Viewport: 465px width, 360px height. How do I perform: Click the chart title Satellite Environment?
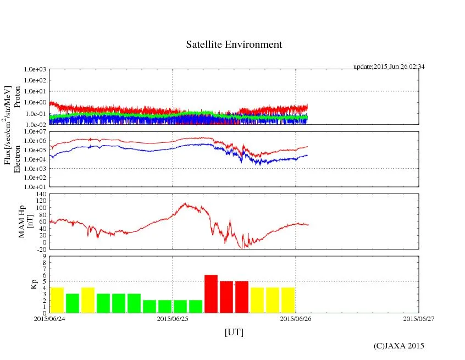pos(234,45)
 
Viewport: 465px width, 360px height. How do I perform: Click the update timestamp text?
pos(389,67)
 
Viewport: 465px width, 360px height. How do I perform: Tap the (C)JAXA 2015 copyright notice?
pos(398,346)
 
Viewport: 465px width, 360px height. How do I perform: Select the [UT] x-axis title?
pos(234,332)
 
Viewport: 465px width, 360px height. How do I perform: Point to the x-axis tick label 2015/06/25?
pos(173,318)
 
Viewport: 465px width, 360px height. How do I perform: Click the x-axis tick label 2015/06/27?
pos(419,318)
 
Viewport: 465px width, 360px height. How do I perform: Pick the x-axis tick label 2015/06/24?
pos(49,318)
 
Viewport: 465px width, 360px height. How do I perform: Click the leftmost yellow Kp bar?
pos(57,300)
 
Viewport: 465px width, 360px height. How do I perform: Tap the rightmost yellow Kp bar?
pos(288,300)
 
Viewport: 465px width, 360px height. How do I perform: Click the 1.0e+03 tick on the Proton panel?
pos(36,70)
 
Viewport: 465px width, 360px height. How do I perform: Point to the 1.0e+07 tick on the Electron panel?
pos(36,132)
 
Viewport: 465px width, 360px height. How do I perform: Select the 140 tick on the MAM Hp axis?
pos(42,194)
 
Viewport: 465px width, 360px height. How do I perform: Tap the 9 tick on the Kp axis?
pos(45,256)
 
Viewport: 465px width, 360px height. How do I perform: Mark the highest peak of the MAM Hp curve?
pos(185,204)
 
